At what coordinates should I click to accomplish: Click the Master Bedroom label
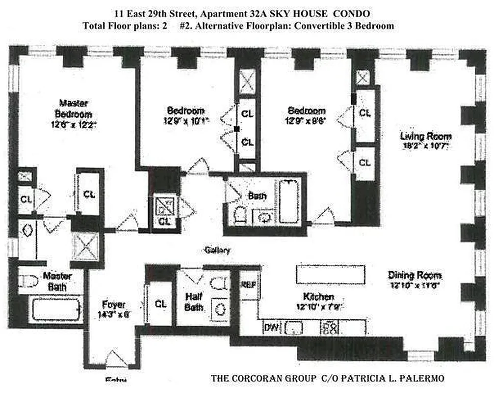point(73,109)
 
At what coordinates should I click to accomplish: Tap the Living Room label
point(425,136)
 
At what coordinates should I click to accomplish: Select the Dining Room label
point(415,275)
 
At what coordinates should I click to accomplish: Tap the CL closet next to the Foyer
point(160,304)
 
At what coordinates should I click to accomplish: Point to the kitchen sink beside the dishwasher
point(294,327)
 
